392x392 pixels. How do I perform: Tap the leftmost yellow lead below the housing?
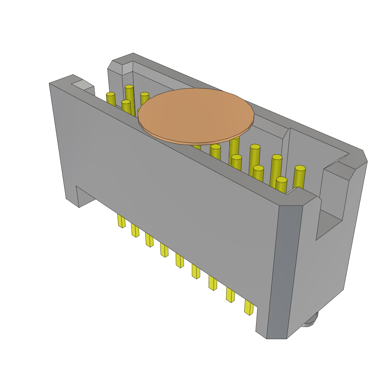(121, 221)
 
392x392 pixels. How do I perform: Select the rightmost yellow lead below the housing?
(249, 307)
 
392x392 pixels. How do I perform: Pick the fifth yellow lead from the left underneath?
(180, 261)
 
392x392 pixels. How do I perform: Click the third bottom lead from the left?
(149, 240)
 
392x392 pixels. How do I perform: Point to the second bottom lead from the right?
(230, 295)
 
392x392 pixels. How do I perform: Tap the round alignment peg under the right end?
(311, 321)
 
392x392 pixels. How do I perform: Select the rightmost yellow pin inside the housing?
(299, 176)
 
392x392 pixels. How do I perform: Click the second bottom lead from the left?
(135, 230)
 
